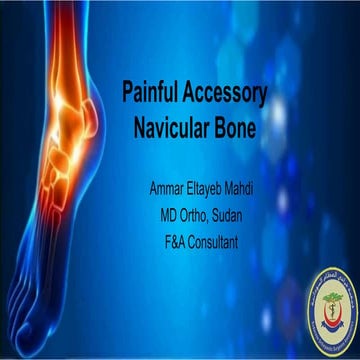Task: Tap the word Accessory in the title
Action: pyautogui.click(x=230, y=92)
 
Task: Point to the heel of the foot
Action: pyautogui.click(x=95, y=170)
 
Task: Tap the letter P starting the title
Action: pyautogui.click(x=127, y=92)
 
